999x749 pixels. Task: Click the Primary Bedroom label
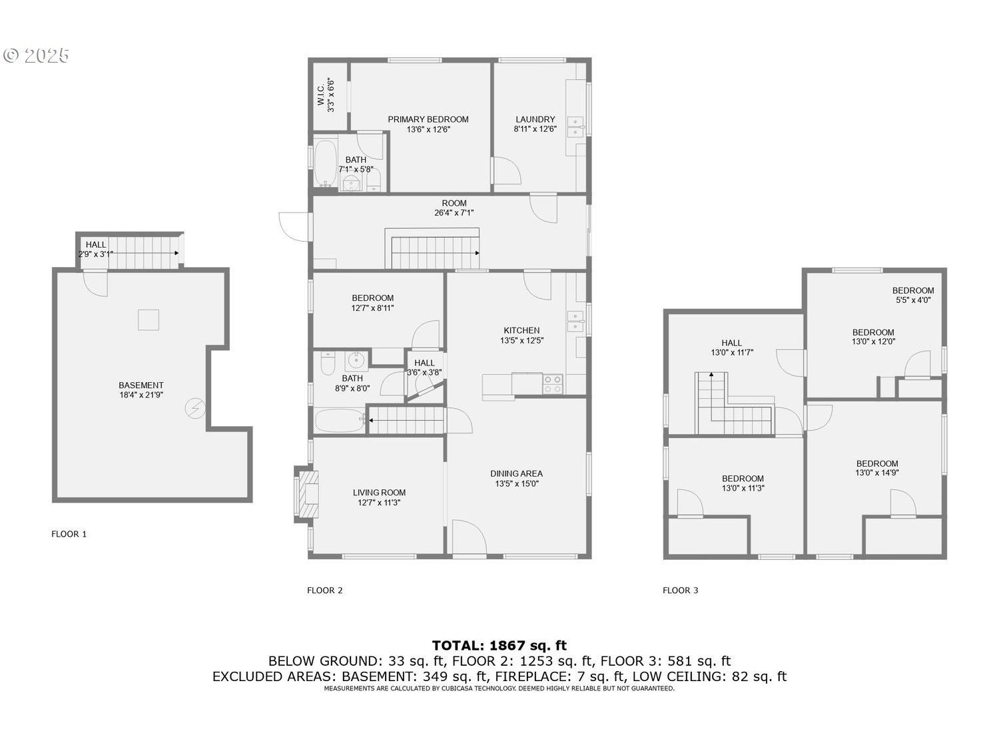(428, 119)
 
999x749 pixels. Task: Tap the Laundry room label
(535, 119)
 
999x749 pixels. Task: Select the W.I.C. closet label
(321, 95)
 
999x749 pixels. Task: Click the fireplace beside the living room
(306, 492)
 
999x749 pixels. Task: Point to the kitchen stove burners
(553, 383)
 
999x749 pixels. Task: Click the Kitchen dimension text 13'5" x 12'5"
(521, 340)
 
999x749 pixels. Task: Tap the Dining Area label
(516, 473)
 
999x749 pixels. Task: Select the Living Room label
(379, 493)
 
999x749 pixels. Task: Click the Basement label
(141, 385)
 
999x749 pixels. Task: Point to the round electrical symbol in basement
(195, 408)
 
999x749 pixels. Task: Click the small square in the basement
(149, 320)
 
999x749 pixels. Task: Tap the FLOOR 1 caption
(69, 534)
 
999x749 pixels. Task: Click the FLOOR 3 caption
(681, 591)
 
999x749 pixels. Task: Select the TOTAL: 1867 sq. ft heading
(499, 645)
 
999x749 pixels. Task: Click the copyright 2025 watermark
(36, 55)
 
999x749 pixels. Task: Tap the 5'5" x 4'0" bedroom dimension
(913, 300)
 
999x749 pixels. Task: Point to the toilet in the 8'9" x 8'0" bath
(328, 362)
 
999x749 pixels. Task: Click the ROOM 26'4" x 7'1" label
(454, 208)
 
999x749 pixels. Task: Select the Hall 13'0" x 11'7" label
(732, 348)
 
